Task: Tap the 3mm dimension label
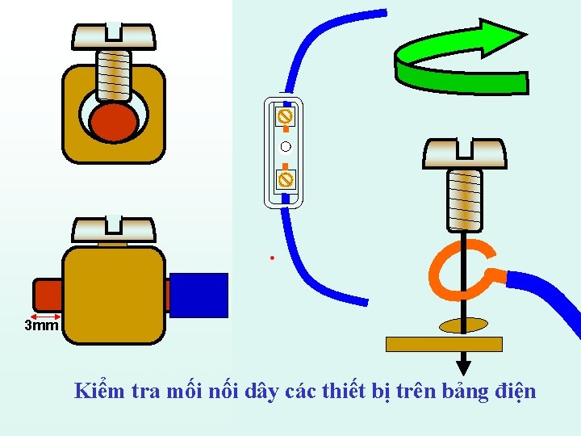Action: coord(41,326)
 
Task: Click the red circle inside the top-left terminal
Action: coord(114,122)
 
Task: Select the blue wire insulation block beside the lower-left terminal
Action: coord(199,294)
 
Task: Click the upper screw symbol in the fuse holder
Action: coord(285,117)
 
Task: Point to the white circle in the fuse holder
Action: coord(285,146)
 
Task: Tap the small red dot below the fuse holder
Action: coord(273,258)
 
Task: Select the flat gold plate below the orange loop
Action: coord(444,344)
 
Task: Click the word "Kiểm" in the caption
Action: coord(97,392)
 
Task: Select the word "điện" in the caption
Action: coord(513,392)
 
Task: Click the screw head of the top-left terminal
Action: coord(113,36)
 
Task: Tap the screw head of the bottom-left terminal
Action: coord(113,228)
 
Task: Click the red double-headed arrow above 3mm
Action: coord(46,315)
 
